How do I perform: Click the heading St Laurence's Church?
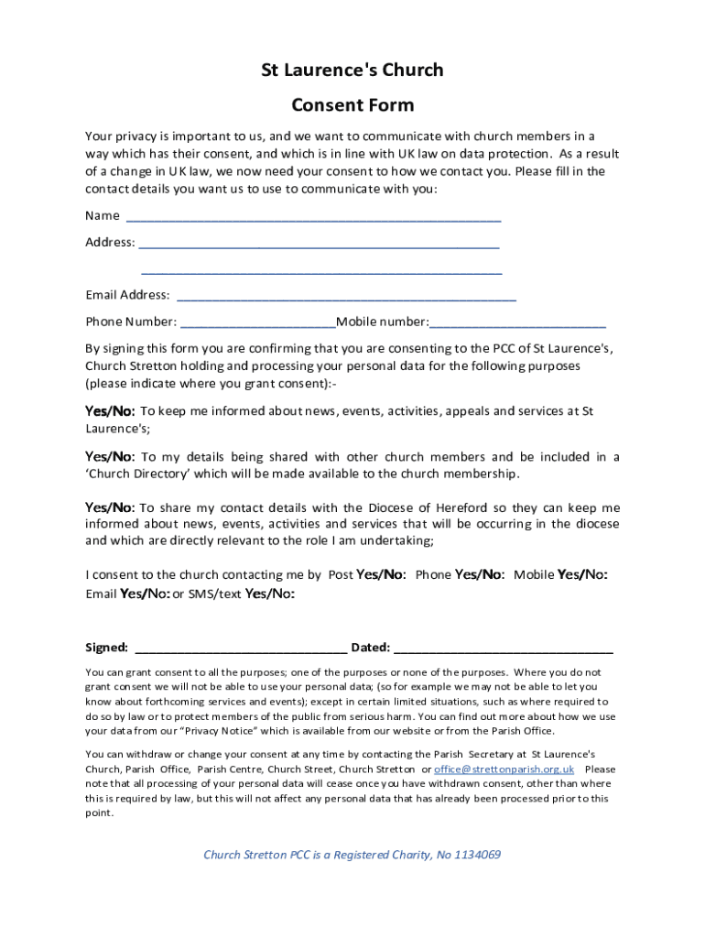click(x=352, y=70)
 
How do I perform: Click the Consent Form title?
click(x=352, y=104)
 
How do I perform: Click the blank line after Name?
click(x=313, y=218)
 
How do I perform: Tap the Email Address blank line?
click(x=346, y=297)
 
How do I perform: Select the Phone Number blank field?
click(x=258, y=323)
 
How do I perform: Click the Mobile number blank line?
click(x=517, y=323)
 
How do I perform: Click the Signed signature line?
click(x=241, y=649)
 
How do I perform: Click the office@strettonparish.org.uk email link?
click(x=504, y=769)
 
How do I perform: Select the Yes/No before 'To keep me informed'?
click(x=110, y=411)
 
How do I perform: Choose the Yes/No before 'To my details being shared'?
click(x=110, y=457)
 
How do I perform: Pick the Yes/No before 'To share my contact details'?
click(x=110, y=507)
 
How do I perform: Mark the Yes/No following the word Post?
click(x=381, y=575)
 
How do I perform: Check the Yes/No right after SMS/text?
click(x=270, y=594)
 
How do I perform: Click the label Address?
click(x=110, y=243)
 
